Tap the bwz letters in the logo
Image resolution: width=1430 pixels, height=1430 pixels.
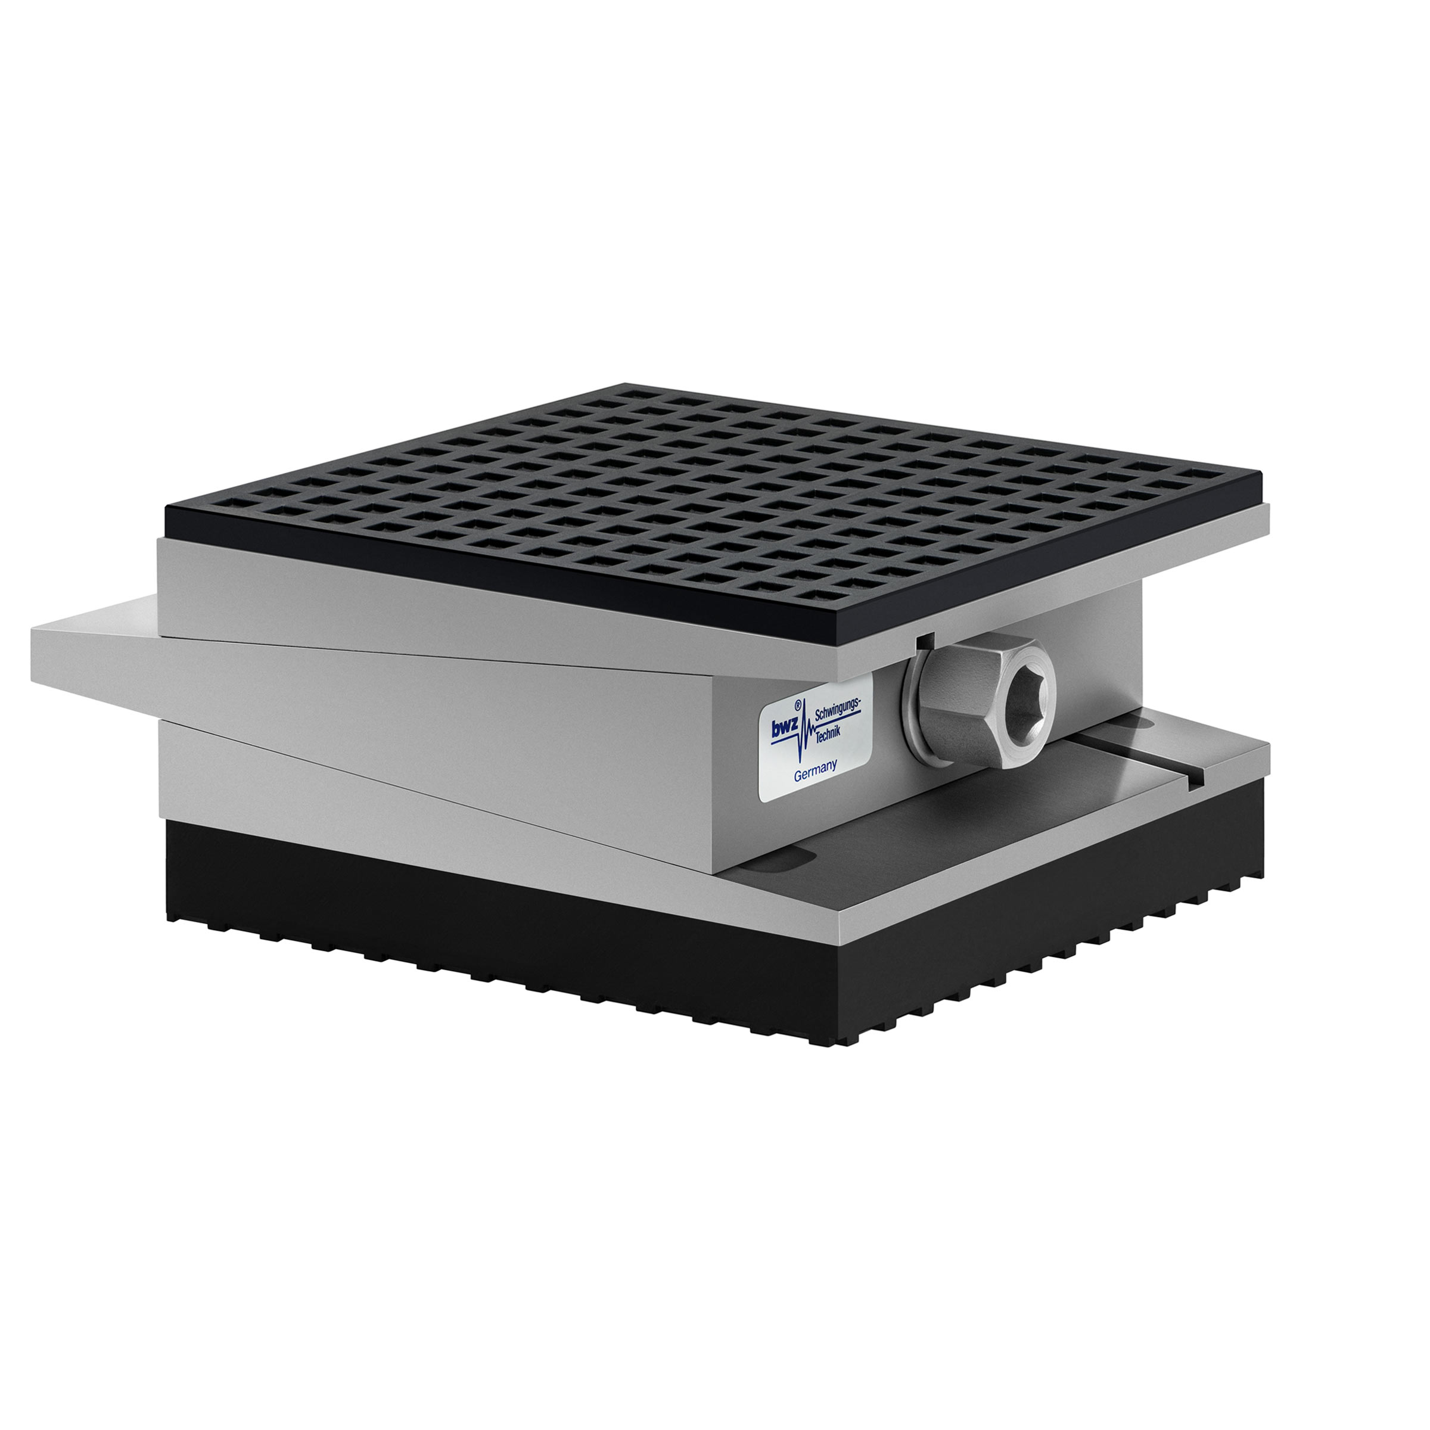pyautogui.click(x=785, y=728)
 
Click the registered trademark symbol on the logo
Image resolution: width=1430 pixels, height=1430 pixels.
pyautogui.click(x=798, y=706)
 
